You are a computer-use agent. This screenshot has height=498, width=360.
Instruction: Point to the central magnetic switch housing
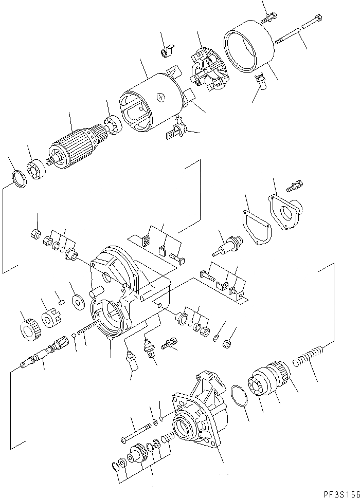131,293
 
